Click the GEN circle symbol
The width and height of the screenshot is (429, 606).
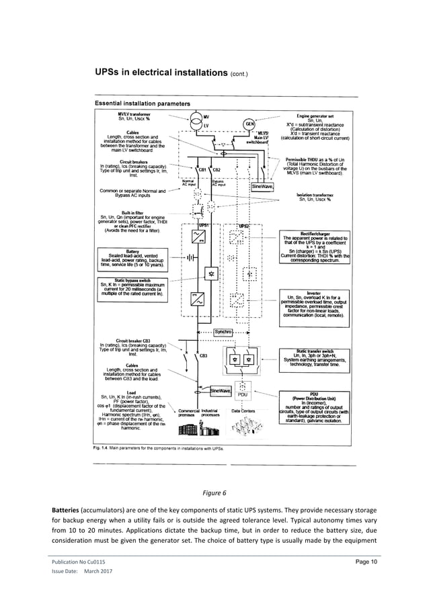pyautogui.click(x=249, y=124)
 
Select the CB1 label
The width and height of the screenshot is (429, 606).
pyautogui.click(x=202, y=169)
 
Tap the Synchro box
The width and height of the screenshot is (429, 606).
pyautogui.click(x=223, y=332)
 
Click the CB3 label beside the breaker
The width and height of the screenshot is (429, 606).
pyautogui.click(x=203, y=355)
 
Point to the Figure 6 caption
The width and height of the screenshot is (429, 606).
pyautogui.click(x=215, y=492)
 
